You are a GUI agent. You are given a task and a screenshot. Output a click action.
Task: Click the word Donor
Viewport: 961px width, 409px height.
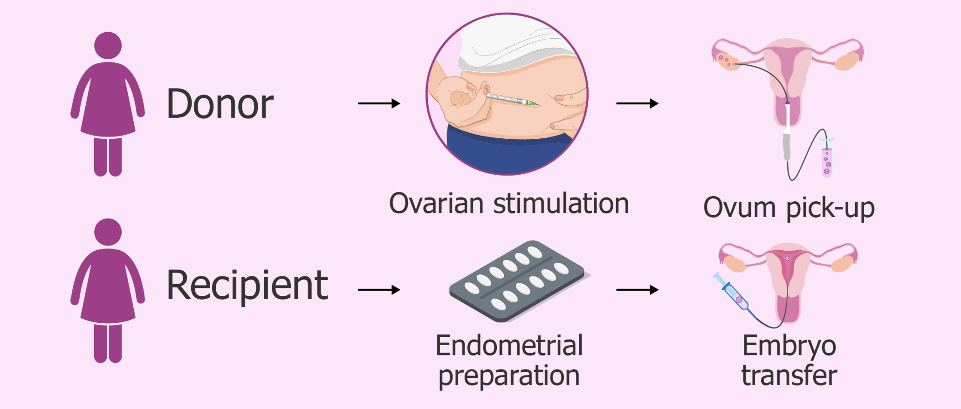point(220,104)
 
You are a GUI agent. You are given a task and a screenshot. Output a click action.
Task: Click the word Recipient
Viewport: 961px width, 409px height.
point(247,285)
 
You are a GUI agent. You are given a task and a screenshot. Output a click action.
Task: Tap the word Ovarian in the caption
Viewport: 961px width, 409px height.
point(436,204)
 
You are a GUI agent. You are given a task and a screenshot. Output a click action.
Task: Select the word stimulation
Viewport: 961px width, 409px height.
point(561,204)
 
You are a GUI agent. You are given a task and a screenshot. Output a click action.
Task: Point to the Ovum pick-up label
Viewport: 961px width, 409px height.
point(789,208)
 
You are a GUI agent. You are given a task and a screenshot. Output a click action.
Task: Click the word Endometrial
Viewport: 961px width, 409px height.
point(509,346)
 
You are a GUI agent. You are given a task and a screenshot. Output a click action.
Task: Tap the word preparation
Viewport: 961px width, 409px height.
point(509,375)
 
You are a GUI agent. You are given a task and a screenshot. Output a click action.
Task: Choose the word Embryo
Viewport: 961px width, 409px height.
point(789,346)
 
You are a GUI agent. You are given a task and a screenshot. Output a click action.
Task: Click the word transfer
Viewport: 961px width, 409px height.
point(789,375)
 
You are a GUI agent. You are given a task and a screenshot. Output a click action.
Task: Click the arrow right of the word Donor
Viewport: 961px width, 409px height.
point(379,103)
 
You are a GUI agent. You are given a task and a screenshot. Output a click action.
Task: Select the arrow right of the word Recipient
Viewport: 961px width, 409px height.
point(379,290)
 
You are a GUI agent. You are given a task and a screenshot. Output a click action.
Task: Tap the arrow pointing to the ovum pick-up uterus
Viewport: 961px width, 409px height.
point(637,103)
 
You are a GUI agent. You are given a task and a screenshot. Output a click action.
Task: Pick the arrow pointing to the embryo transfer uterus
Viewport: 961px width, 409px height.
point(637,290)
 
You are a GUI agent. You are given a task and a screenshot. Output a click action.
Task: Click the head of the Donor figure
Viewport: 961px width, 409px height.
point(108,46)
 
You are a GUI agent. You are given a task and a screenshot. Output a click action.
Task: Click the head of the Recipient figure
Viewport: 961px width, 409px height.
point(108,232)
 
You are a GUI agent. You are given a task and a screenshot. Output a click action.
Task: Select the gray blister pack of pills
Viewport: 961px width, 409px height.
point(516,281)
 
